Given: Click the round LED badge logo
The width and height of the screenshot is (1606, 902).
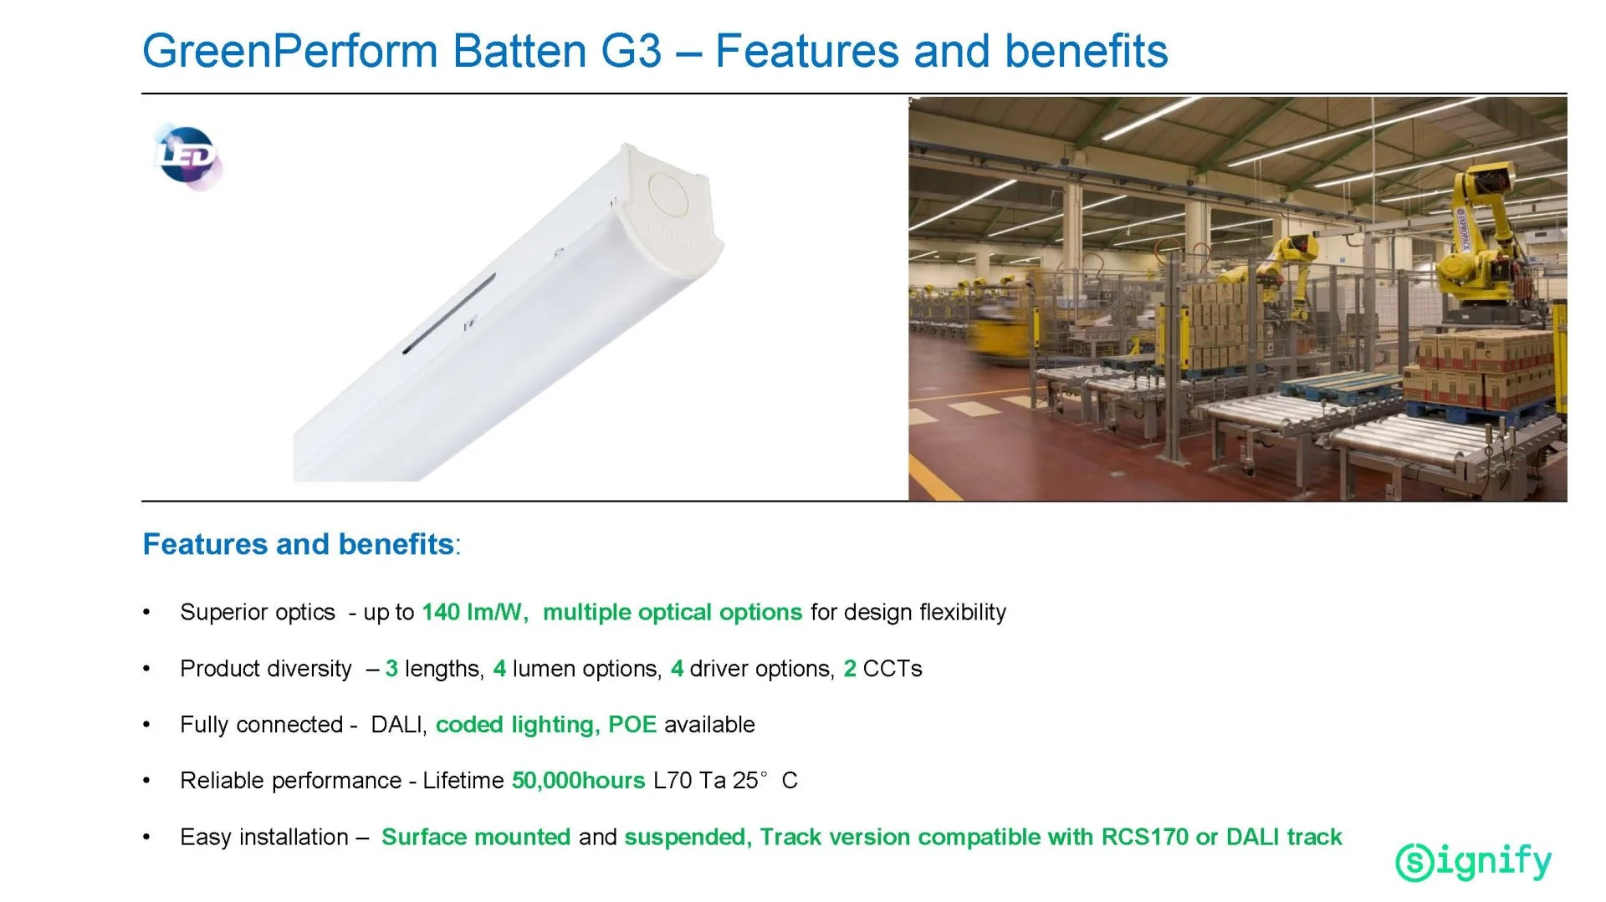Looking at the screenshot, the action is (x=188, y=156).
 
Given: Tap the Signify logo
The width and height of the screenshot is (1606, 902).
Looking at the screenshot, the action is (x=1474, y=861).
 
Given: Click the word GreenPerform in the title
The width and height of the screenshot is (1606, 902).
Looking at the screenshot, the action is (x=290, y=51).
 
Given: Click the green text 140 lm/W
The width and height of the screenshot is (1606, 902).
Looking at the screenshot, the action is (x=475, y=612).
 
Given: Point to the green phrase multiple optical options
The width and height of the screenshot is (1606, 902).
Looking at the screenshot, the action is (x=673, y=612).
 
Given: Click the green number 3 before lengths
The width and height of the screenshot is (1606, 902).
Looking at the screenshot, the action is (x=391, y=669).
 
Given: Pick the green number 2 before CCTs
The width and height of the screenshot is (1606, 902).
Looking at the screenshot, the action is (x=850, y=669).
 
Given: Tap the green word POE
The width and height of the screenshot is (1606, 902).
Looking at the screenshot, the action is (x=632, y=725).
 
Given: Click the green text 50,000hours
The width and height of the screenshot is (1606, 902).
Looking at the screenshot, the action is (x=578, y=781).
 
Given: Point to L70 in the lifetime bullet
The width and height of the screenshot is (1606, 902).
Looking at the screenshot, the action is (x=673, y=781).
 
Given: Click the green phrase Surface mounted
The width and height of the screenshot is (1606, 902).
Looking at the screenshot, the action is (x=476, y=837).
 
